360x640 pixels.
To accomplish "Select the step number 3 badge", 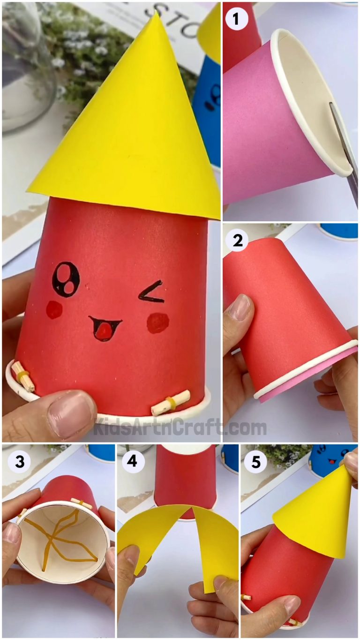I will pyautogui.click(x=20, y=462).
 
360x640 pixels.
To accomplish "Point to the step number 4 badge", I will pyautogui.click(x=133, y=462).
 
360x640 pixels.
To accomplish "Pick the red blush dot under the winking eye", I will pyautogui.click(x=157, y=323).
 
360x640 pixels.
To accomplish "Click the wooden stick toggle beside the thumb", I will pyautogui.click(x=171, y=402).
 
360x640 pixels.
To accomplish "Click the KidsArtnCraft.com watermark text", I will pyautogui.click(x=180, y=428).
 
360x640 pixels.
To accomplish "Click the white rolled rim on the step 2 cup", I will pyautogui.click(x=305, y=370).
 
